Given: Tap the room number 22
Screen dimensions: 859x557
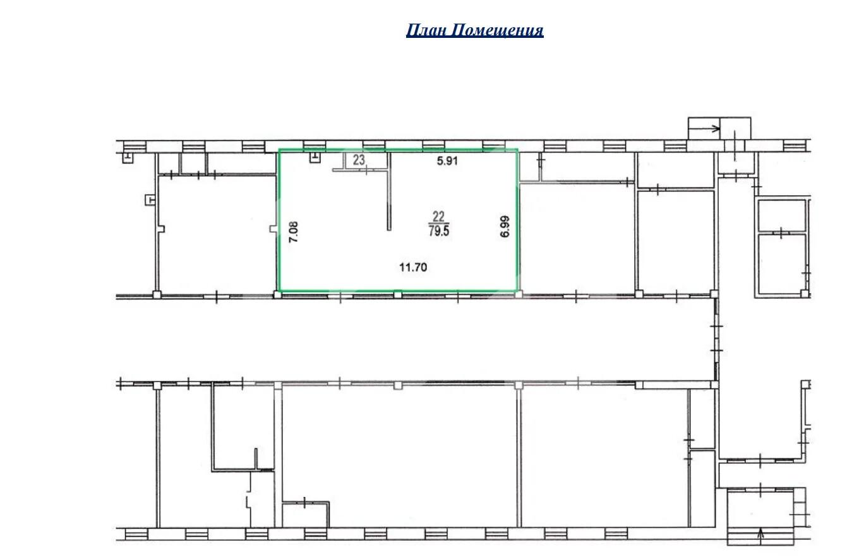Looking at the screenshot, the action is (x=438, y=217).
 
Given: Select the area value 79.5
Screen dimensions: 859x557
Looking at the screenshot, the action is (x=439, y=231).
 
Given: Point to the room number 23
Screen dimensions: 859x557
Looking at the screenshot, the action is (x=359, y=160).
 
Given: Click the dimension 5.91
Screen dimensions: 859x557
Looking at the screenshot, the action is (x=447, y=160).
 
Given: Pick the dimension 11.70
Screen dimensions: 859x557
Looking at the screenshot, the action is (x=413, y=267).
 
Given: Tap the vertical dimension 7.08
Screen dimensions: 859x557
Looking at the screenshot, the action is (x=293, y=232).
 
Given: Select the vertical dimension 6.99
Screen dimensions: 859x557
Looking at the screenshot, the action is (x=505, y=227).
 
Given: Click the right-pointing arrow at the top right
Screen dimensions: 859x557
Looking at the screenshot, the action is (x=704, y=129).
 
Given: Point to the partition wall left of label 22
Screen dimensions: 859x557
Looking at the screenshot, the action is (x=389, y=191).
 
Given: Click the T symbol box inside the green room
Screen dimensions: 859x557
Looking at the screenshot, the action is (x=315, y=157).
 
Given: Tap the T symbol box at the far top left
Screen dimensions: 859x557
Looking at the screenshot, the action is (x=128, y=157).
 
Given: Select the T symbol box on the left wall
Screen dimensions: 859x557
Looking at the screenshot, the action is (x=150, y=200).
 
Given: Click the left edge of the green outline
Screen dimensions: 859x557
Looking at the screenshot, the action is (x=279, y=220).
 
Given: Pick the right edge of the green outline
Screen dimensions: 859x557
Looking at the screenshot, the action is (x=517, y=220).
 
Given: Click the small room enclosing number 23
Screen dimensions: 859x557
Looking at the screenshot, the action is (x=366, y=161).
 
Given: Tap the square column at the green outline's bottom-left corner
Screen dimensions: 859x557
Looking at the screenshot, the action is (x=277, y=294).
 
